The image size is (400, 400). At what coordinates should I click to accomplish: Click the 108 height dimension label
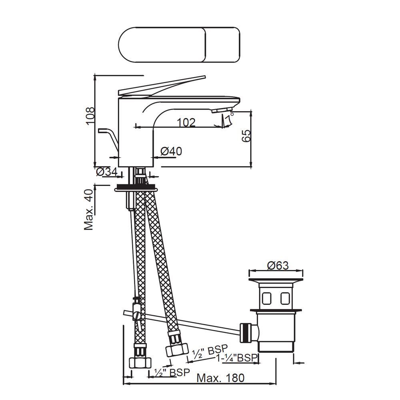[90, 116]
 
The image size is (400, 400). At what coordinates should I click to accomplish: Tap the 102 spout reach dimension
[186, 122]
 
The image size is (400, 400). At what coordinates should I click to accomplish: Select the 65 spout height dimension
[246, 136]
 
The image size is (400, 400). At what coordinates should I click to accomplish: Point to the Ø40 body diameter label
[172, 151]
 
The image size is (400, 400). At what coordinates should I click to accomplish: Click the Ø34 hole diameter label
[107, 172]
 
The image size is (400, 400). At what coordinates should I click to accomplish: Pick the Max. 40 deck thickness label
[89, 210]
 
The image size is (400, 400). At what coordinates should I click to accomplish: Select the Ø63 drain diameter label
[278, 266]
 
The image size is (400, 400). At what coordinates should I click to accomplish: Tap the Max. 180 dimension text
[220, 378]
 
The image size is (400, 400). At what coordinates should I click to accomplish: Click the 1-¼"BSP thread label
[236, 358]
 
